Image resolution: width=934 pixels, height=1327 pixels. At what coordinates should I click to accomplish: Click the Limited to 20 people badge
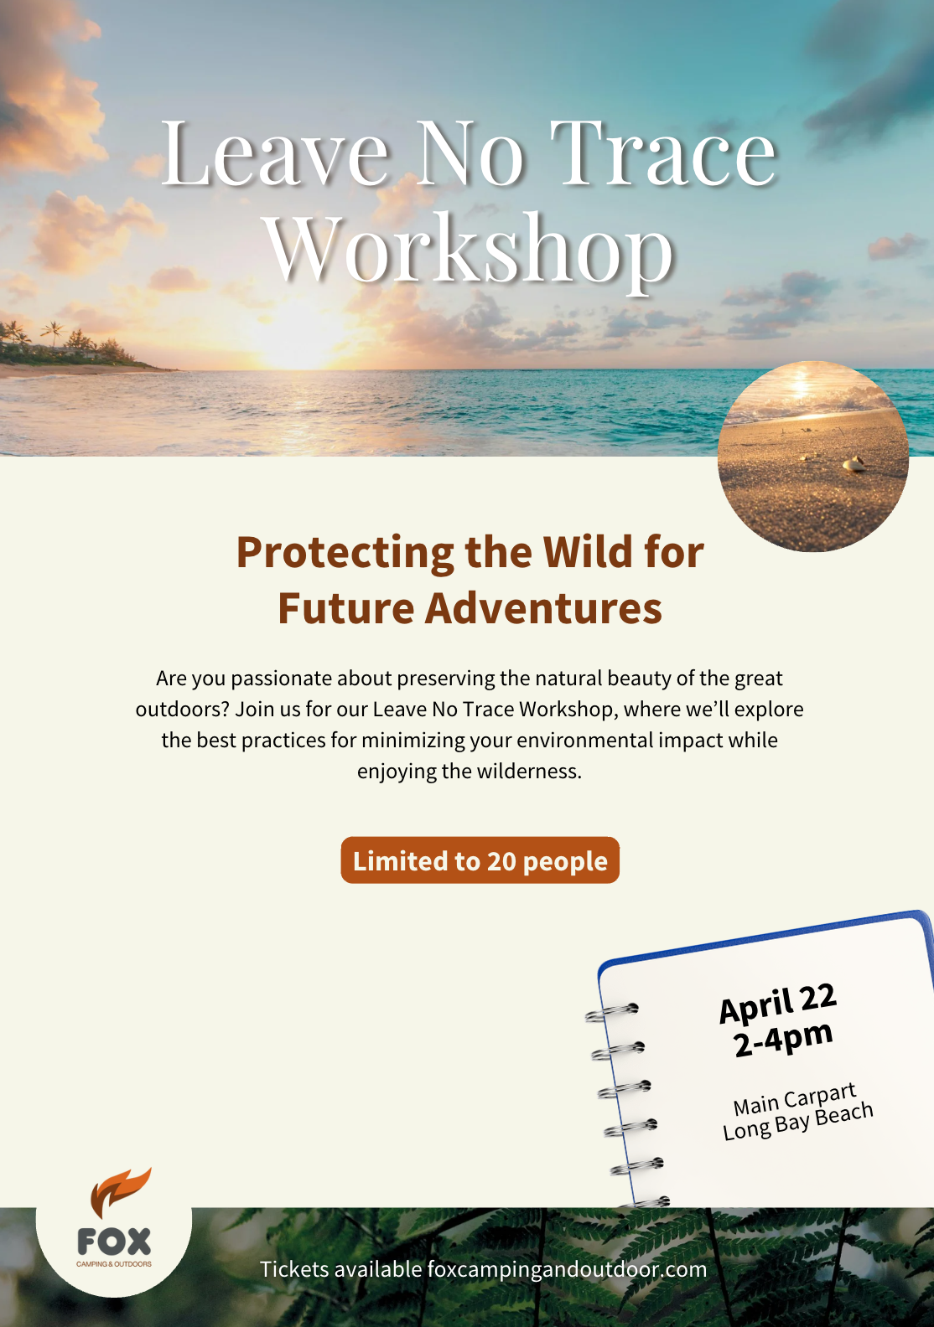click(x=480, y=860)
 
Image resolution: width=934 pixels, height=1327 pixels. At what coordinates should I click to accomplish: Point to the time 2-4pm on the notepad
click(x=783, y=1040)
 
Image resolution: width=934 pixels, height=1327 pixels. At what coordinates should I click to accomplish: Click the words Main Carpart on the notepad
click(x=794, y=1099)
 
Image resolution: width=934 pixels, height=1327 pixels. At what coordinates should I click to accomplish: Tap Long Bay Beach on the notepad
click(x=797, y=1122)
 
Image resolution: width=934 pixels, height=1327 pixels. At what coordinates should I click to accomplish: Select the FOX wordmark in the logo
click(x=114, y=1242)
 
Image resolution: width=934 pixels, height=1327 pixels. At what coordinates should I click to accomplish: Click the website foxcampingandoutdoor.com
click(x=567, y=1269)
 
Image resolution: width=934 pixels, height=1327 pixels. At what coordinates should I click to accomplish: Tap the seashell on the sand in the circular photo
click(x=853, y=464)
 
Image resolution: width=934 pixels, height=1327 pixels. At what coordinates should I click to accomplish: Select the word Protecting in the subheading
click(x=345, y=553)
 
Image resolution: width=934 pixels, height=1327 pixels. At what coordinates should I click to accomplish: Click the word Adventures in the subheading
click(x=543, y=608)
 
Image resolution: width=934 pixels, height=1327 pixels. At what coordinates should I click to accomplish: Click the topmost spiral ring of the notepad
click(x=612, y=1013)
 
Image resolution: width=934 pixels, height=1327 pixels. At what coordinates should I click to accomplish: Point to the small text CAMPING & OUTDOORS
click(x=114, y=1264)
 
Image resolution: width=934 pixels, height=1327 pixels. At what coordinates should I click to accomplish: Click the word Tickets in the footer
click(x=294, y=1269)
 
